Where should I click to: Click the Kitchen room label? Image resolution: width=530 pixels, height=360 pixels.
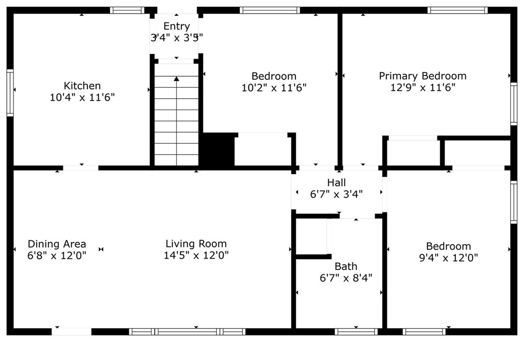coord(82,86)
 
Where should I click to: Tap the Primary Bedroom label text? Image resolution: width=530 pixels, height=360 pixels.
coord(422,76)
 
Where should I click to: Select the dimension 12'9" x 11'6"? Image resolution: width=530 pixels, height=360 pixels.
coord(422,88)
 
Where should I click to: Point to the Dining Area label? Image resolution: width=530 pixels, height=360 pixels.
coord(57,244)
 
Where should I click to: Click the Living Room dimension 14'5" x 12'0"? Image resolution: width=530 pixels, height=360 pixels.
coord(196,255)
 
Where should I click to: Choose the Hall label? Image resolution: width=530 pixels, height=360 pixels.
coord(337,182)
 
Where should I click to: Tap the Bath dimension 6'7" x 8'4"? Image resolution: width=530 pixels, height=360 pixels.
coord(345,278)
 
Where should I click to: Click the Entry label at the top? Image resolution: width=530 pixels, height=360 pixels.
coord(176,26)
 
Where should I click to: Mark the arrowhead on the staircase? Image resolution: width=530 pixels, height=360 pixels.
coord(177,79)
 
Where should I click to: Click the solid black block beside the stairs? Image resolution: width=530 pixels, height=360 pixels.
coord(218,150)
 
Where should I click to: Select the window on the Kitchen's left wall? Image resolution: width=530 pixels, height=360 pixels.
coord(10,92)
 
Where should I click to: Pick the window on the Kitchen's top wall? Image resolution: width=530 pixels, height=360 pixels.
coord(127,10)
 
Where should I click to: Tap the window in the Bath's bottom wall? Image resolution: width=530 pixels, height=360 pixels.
coord(356,331)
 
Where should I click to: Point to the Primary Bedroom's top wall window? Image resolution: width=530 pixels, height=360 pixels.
coord(457,10)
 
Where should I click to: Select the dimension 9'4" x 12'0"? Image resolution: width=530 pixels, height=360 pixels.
coord(448,258)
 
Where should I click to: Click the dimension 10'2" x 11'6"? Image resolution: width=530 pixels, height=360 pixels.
coord(273,88)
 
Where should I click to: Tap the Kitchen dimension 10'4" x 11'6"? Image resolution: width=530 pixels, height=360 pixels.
coord(82,97)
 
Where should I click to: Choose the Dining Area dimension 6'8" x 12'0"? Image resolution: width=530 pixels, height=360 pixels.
coord(57,256)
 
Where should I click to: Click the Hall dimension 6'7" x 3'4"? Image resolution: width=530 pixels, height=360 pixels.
coord(337,194)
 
